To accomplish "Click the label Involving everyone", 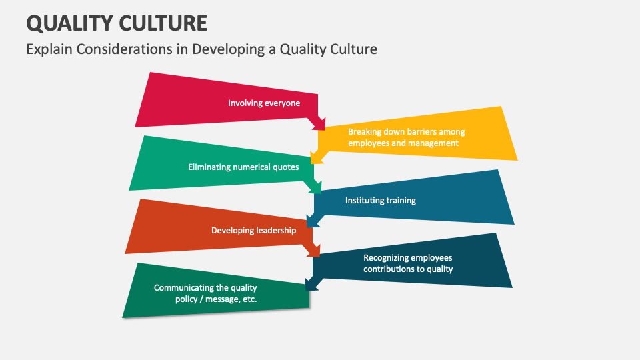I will [x=264, y=103].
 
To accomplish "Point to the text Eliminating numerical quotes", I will [x=243, y=167].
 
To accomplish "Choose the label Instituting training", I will [x=380, y=201].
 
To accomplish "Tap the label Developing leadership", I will [x=253, y=231].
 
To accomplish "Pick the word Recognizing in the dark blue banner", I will [x=387, y=258].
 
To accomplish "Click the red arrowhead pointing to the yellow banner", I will [x=320, y=123].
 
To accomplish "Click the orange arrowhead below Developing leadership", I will [x=314, y=251].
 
